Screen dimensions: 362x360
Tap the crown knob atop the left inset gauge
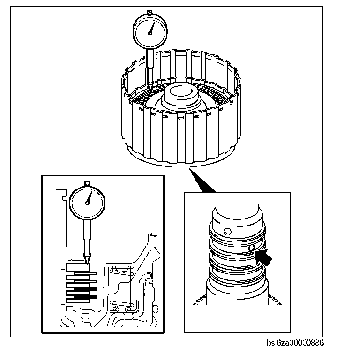pyautogui.click(x=87, y=183)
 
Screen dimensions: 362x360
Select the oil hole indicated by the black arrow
pyautogui.click(x=252, y=247)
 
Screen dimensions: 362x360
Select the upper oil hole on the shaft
pyautogui.click(x=227, y=231)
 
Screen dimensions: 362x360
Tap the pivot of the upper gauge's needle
pyautogui.click(x=150, y=33)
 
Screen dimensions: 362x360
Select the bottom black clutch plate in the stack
pyautogui.click(x=82, y=297)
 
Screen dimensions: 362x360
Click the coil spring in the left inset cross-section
pyautogui.click(x=122, y=287)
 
